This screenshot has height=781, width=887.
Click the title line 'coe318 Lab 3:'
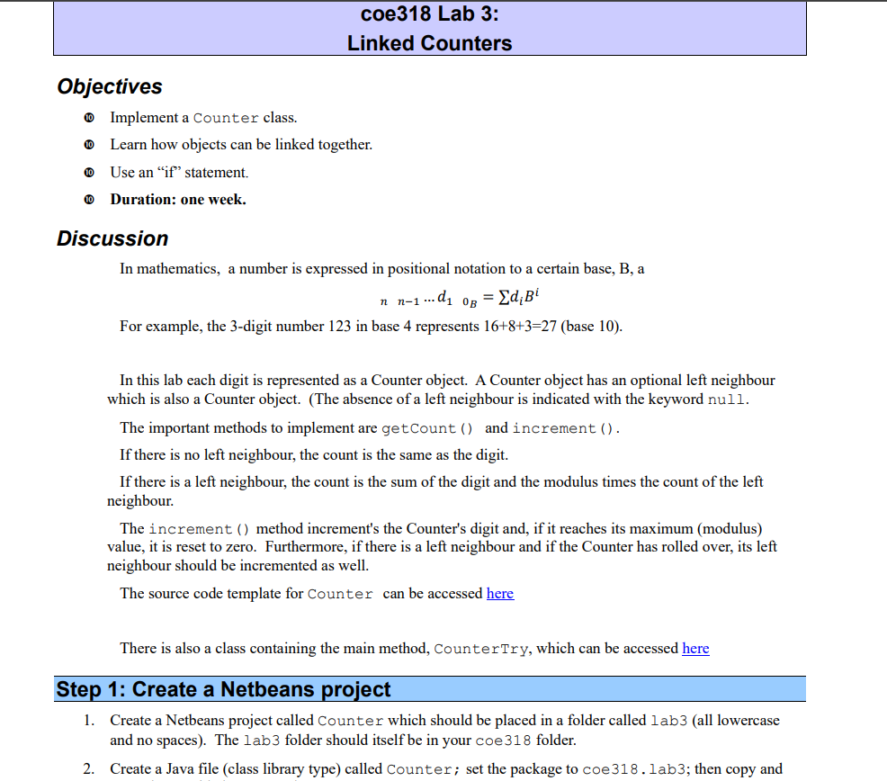point(429,14)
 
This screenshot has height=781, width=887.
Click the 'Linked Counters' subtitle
point(429,43)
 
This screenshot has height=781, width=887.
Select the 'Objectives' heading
point(110,86)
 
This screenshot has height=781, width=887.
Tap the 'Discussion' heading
point(112,238)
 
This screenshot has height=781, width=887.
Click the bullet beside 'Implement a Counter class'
point(88,118)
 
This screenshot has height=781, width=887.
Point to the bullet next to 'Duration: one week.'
point(88,200)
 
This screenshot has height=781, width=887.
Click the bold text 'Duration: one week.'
point(178,200)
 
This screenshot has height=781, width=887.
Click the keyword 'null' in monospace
point(727,400)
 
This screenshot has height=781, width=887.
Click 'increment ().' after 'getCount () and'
point(566,428)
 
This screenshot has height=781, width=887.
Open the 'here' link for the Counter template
point(500,593)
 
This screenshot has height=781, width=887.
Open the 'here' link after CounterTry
point(695,648)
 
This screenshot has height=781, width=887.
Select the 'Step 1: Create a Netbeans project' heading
point(223,689)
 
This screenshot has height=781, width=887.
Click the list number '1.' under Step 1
point(89,721)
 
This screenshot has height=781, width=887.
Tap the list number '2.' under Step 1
point(89,768)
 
